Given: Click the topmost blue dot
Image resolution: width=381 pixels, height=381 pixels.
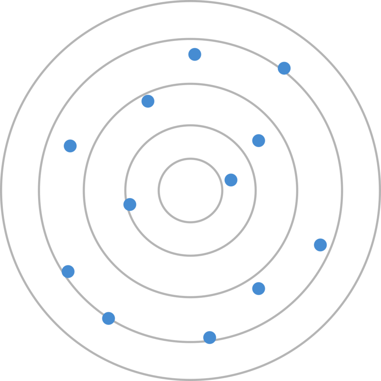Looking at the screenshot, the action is point(195,54).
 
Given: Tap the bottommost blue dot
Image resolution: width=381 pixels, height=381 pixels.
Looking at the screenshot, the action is point(210,337).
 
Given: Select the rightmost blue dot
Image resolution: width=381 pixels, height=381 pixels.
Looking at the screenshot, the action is point(320,245).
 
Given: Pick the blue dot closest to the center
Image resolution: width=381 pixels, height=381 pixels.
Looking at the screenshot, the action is point(231,180).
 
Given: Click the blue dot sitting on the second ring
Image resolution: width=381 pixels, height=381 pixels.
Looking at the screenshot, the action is point(130,204).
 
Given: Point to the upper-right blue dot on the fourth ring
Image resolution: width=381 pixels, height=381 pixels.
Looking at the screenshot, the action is point(284,68).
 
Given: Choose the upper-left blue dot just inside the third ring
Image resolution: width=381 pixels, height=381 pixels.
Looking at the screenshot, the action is point(148,101).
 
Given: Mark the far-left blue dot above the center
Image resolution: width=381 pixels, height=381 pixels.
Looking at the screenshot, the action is point(70,146).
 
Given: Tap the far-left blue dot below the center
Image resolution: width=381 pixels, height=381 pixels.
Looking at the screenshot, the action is point(68,271).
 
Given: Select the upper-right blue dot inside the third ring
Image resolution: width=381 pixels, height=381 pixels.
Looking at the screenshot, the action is point(259,141).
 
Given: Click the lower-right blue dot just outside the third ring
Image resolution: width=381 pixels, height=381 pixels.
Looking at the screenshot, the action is point(259,289).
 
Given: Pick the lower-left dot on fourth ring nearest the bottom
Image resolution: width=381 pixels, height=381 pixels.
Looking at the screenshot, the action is point(108,318).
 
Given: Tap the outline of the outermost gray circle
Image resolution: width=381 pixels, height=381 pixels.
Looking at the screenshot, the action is point(190,2).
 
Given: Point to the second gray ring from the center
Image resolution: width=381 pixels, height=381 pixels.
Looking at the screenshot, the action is point(190,125).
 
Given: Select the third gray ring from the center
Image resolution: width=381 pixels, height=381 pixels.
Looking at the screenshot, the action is point(190,83).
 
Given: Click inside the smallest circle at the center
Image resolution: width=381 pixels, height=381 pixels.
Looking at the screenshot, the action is point(190,190).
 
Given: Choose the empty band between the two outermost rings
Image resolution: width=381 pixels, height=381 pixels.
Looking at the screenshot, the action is point(190,20).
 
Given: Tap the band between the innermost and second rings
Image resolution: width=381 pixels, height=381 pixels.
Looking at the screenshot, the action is point(190,142).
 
